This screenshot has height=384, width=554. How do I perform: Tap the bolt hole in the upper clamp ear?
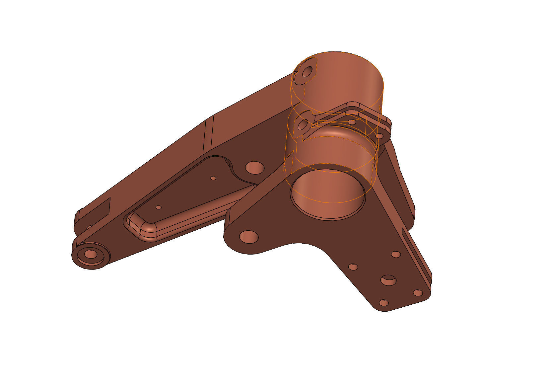[x=307, y=71]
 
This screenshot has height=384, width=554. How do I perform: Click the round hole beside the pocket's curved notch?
[x=255, y=168]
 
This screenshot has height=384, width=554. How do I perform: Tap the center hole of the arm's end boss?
[x=90, y=255]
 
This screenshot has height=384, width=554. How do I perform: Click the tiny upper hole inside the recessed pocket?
[x=213, y=178]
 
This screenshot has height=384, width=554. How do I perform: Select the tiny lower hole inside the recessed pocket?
[x=159, y=207]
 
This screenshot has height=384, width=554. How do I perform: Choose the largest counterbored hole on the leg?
[x=388, y=280]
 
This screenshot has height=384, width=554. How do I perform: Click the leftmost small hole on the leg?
[x=353, y=267]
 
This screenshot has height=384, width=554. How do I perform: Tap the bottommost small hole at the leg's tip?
[x=383, y=303]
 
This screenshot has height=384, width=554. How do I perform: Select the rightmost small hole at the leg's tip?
[x=418, y=293]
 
